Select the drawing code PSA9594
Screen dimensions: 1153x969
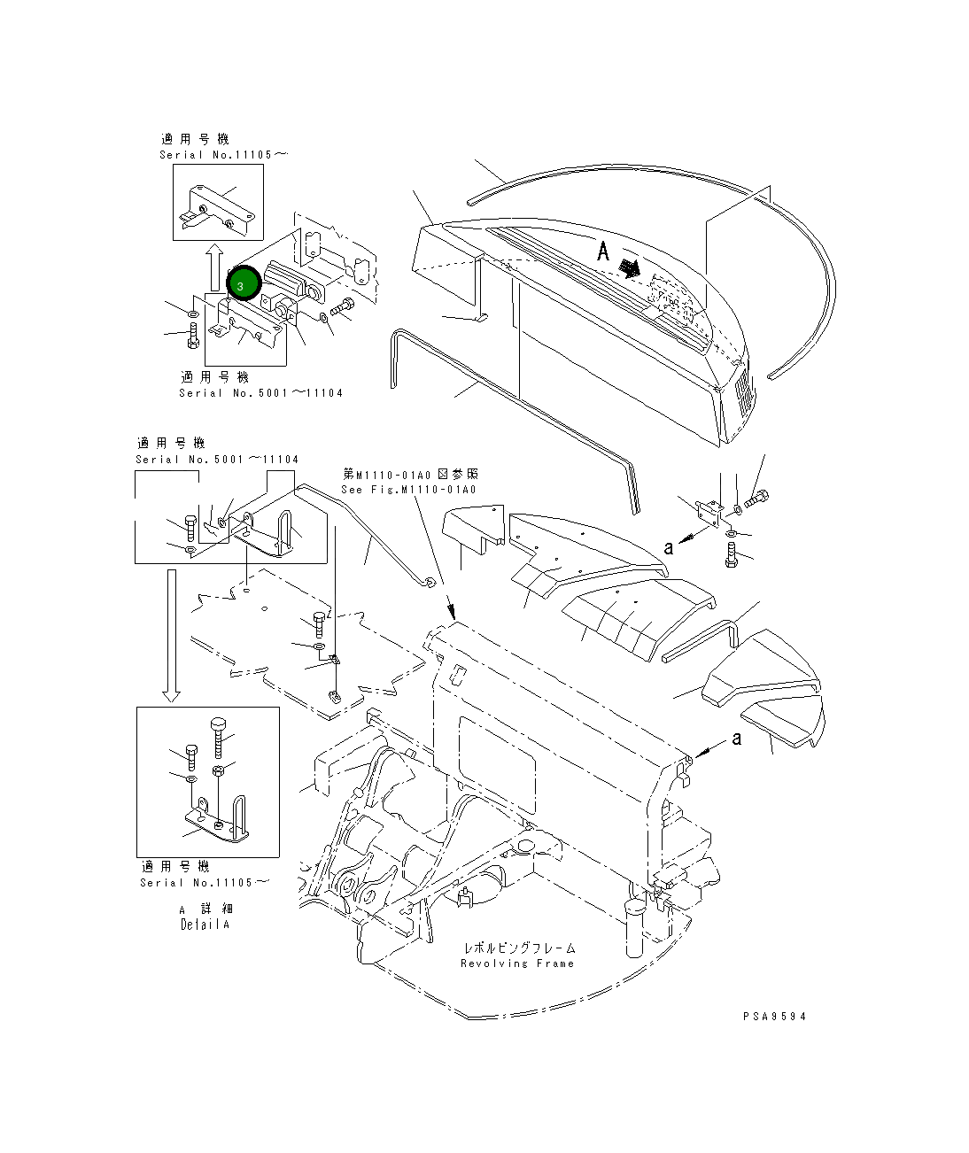click(x=774, y=1017)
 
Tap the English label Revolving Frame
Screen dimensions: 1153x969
click(x=517, y=963)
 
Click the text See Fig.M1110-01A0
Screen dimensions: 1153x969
click(x=408, y=490)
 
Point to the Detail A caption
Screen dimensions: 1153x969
click(x=205, y=924)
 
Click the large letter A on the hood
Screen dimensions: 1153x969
click(x=604, y=251)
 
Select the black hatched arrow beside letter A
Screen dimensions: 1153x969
click(x=631, y=267)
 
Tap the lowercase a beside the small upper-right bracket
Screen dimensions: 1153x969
click(x=669, y=548)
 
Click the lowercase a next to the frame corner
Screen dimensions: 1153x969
click(x=736, y=739)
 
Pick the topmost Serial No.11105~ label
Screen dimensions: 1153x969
click(x=223, y=154)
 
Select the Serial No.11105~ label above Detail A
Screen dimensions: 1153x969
click(x=205, y=882)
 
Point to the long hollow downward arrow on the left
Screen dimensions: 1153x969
click(x=172, y=634)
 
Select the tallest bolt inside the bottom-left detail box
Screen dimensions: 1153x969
click(x=218, y=738)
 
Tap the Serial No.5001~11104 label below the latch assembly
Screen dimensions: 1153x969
click(x=260, y=392)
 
